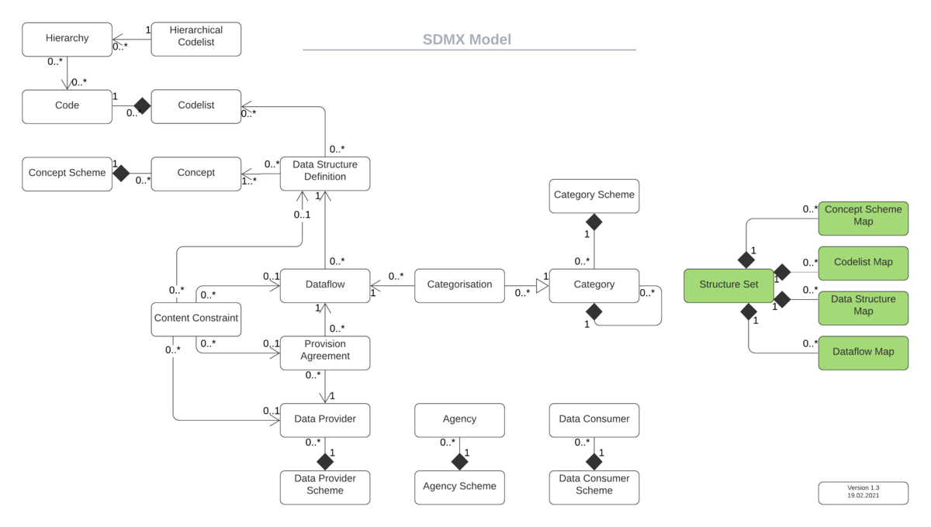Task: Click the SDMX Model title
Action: (467, 40)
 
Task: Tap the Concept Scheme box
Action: (67, 173)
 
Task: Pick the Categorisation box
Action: (459, 285)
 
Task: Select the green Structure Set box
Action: (729, 285)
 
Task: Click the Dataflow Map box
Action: (863, 352)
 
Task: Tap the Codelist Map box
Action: (863, 262)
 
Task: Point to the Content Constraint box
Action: (196, 319)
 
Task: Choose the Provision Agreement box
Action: (324, 351)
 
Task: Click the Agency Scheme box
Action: (459, 487)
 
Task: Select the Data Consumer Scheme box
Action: (594, 485)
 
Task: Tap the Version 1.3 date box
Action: (863, 492)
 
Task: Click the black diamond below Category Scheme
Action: (594, 222)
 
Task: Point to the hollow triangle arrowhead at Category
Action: (542, 285)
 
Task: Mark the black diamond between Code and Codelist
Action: (142, 105)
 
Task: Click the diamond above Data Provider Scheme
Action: (325, 462)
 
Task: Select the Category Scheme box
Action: (594, 195)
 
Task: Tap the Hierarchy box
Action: (67, 39)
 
